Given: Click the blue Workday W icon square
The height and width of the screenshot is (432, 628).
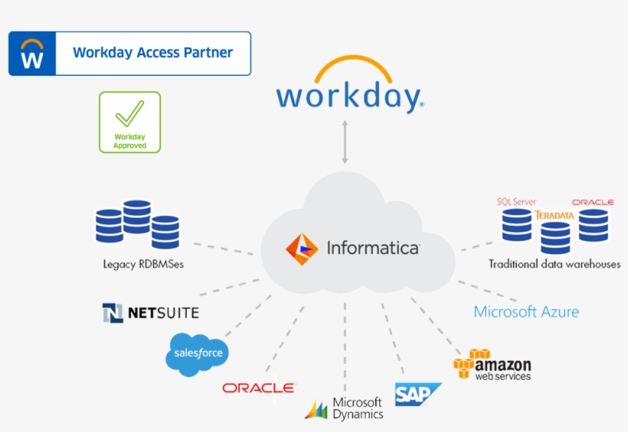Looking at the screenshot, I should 32,54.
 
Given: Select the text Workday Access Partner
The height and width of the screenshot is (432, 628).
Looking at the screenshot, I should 152,53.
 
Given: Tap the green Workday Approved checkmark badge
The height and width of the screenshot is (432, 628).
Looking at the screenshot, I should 129,122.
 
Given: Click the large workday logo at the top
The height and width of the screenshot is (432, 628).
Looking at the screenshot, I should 349,87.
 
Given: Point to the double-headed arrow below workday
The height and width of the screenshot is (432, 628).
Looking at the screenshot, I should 345,141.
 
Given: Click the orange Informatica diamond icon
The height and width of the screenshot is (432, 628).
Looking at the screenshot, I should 302,249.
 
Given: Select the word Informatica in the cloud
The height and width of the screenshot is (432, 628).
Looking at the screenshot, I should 373,248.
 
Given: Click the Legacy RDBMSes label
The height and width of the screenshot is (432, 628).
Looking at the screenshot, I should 143,264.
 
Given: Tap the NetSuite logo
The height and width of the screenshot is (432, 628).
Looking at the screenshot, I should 151,313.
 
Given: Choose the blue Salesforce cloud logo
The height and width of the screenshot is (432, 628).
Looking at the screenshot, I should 197,353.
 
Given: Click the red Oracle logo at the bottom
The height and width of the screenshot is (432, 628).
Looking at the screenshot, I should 259,388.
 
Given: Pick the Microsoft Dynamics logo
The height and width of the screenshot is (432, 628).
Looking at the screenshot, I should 345,408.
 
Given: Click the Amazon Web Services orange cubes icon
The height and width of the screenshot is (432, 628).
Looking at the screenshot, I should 470,363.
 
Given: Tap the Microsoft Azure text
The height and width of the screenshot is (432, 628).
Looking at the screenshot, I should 526,312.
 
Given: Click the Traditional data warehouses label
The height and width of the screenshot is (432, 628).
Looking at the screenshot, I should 554,264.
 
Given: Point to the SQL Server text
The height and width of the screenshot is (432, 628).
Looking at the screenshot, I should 516,201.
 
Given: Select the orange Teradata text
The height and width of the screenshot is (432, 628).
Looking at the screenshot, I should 554,215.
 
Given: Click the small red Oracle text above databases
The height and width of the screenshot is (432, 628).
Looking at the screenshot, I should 593,202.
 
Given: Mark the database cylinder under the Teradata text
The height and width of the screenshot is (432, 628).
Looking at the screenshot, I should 555,238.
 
